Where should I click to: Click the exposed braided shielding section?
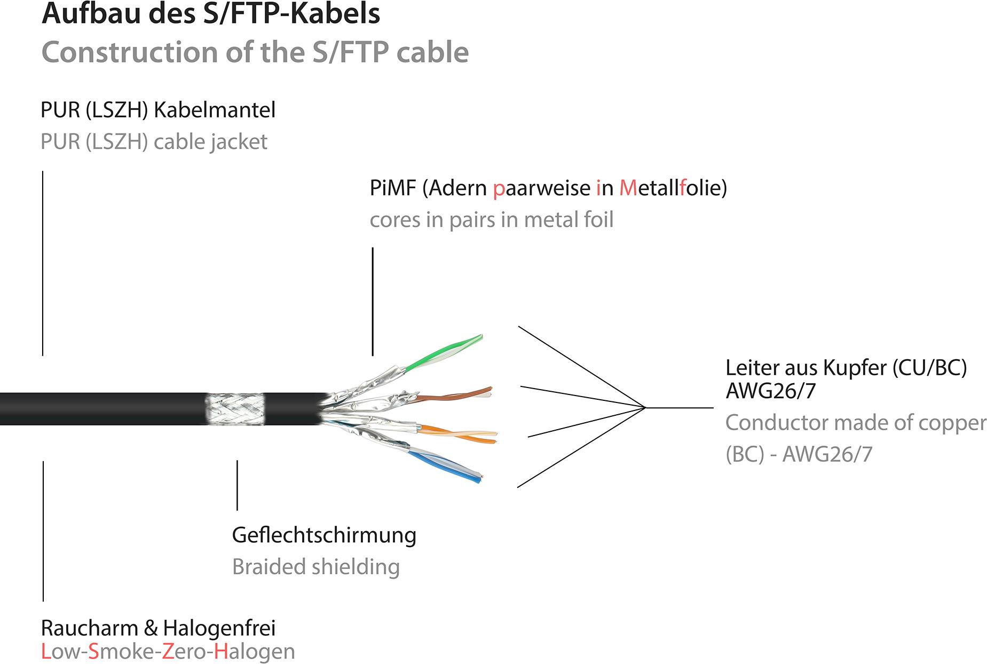235,409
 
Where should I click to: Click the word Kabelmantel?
215,110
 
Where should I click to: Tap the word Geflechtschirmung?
324,535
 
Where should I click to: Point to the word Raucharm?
90,628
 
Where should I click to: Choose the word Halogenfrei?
219,628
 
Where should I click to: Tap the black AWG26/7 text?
770,391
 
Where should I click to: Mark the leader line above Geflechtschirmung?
237,485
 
